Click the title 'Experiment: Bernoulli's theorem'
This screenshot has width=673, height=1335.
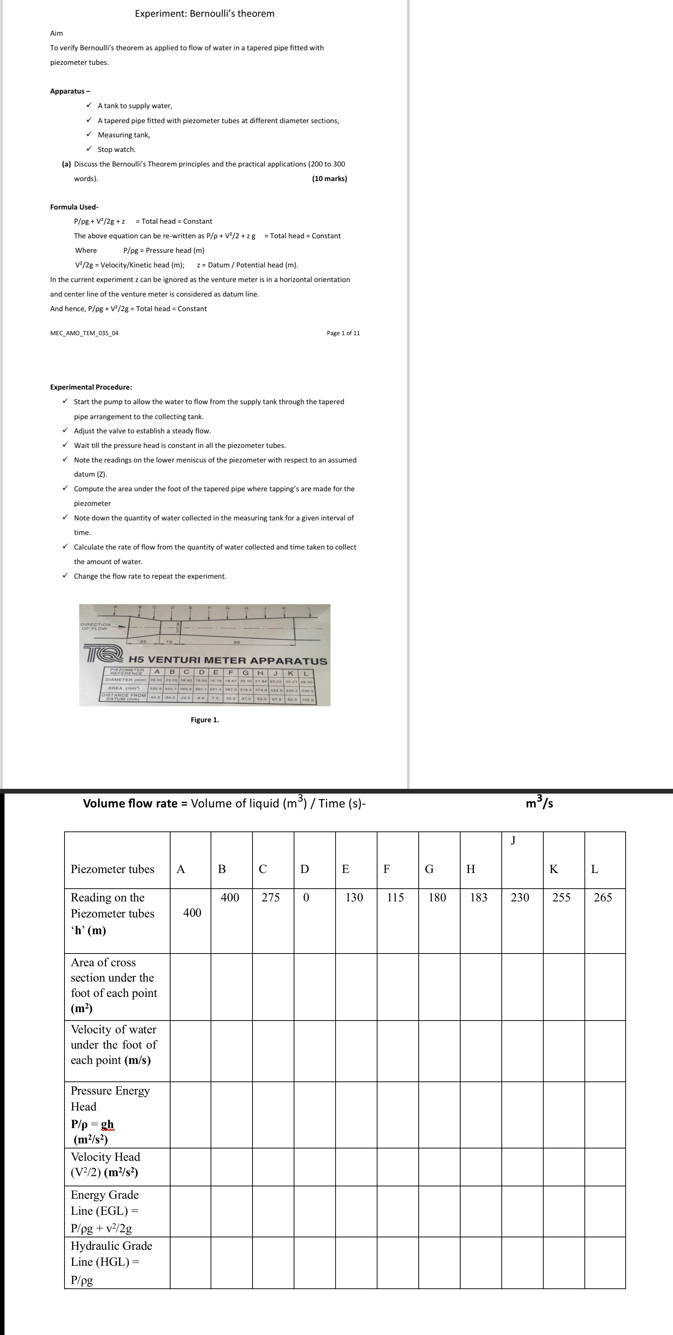(205, 13)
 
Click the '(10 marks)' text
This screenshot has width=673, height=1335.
(329, 179)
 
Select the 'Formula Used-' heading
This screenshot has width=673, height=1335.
(74, 207)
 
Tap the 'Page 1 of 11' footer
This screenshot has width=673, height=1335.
(343, 333)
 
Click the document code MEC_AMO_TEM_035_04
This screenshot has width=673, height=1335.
(84, 333)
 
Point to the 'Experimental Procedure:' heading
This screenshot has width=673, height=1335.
(91, 387)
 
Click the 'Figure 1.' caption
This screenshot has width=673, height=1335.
(205, 720)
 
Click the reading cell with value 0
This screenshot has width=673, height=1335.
(306, 898)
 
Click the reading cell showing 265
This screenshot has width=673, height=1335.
(603, 898)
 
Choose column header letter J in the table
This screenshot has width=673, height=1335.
(513, 841)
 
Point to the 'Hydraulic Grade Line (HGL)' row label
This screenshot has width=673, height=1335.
(111, 1262)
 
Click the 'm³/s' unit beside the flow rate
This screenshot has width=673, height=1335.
(539, 803)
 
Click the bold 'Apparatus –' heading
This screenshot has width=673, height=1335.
(70, 91)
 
